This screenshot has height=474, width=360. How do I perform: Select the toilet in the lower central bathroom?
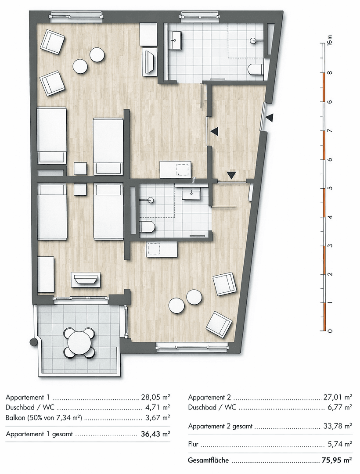click(147, 227)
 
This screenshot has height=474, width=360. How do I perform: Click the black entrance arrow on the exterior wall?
click(269, 117)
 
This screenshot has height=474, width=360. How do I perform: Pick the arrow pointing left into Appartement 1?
click(214, 131)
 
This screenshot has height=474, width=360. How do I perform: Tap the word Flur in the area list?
click(194, 444)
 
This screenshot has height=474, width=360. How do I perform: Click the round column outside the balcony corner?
click(32, 342)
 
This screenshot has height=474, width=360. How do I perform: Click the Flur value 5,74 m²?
click(339, 444)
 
